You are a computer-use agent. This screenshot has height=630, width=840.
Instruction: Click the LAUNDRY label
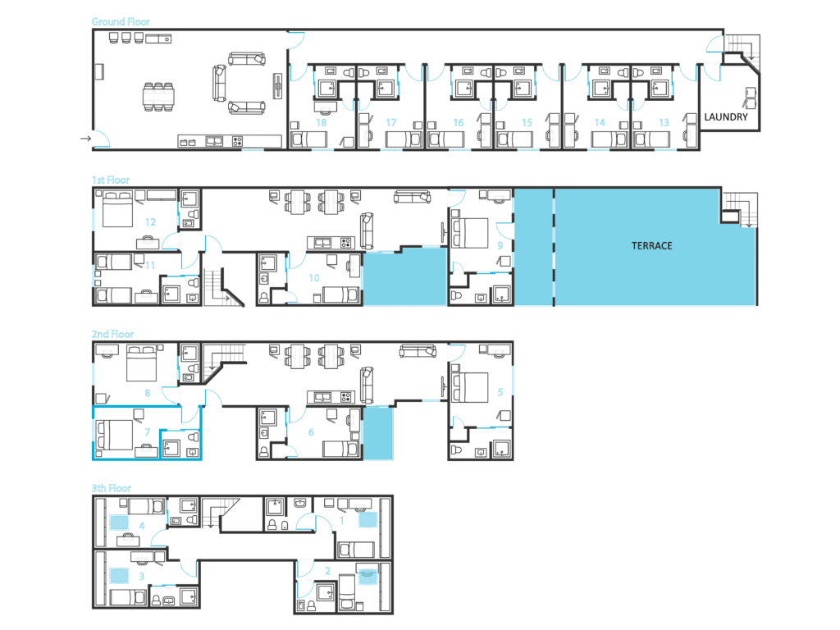coord(725,116)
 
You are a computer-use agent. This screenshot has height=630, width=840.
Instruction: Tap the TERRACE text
coord(651,246)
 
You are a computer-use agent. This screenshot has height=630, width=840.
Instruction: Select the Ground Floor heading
coord(121,21)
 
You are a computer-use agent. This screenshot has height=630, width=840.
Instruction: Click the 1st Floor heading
coord(111,180)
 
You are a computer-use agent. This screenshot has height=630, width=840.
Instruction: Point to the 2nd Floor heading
coord(112,335)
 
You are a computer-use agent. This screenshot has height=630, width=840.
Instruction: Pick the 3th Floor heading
coord(112,488)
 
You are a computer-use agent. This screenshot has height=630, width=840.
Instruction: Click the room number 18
coord(321,123)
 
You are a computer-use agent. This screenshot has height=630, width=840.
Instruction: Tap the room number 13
coord(664,123)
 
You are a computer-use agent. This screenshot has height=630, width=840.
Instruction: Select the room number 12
coord(150,221)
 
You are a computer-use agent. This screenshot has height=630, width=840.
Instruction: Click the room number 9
coord(500,245)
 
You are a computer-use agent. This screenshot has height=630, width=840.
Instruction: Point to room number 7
coord(148,431)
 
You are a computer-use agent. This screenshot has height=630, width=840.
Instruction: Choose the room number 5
coord(500,391)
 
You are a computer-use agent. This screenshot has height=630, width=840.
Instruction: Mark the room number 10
coord(314,278)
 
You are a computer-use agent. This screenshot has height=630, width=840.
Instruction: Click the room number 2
coord(327,571)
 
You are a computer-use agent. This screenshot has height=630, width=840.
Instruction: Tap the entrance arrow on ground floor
coord(85,139)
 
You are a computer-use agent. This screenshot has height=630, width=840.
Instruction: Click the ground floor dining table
coord(158,97)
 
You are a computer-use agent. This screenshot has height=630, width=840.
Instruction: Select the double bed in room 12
coord(117,209)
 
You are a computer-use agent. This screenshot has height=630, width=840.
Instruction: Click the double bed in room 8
coord(141,363)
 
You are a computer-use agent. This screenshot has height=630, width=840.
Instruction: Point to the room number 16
coord(458,123)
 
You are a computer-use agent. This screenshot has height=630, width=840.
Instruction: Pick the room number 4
coord(142,526)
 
